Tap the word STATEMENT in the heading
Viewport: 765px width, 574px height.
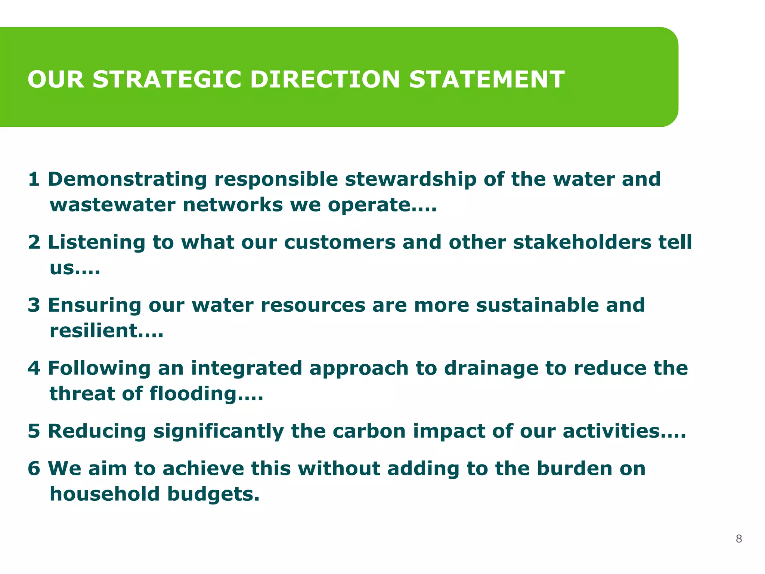(x=486, y=80)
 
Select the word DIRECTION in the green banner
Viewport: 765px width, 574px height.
(x=325, y=80)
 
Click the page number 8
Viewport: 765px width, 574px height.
(x=738, y=538)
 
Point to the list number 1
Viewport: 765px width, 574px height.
(x=34, y=179)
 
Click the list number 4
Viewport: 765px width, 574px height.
(x=34, y=368)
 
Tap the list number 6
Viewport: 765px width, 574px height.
(x=34, y=469)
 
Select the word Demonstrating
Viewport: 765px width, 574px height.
(x=127, y=179)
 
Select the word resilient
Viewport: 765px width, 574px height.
(x=99, y=331)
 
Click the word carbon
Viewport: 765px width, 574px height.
(x=369, y=431)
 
